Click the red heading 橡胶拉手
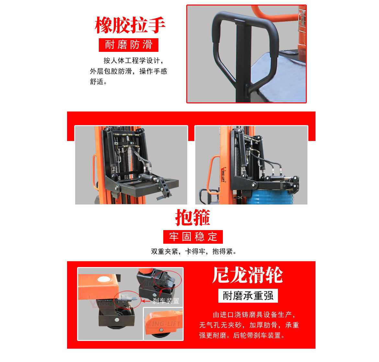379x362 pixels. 130,25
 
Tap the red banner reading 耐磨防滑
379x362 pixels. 129,45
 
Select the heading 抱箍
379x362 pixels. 193,217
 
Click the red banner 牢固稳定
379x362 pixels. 193,237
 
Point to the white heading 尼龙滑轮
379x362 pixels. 247,275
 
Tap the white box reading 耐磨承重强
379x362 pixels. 248,296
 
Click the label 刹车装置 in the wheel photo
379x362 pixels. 166,301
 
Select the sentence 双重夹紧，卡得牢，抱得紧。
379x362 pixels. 194,251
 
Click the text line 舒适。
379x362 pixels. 98,82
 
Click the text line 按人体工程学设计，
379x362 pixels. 133,61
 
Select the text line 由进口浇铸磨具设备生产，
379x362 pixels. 254,315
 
